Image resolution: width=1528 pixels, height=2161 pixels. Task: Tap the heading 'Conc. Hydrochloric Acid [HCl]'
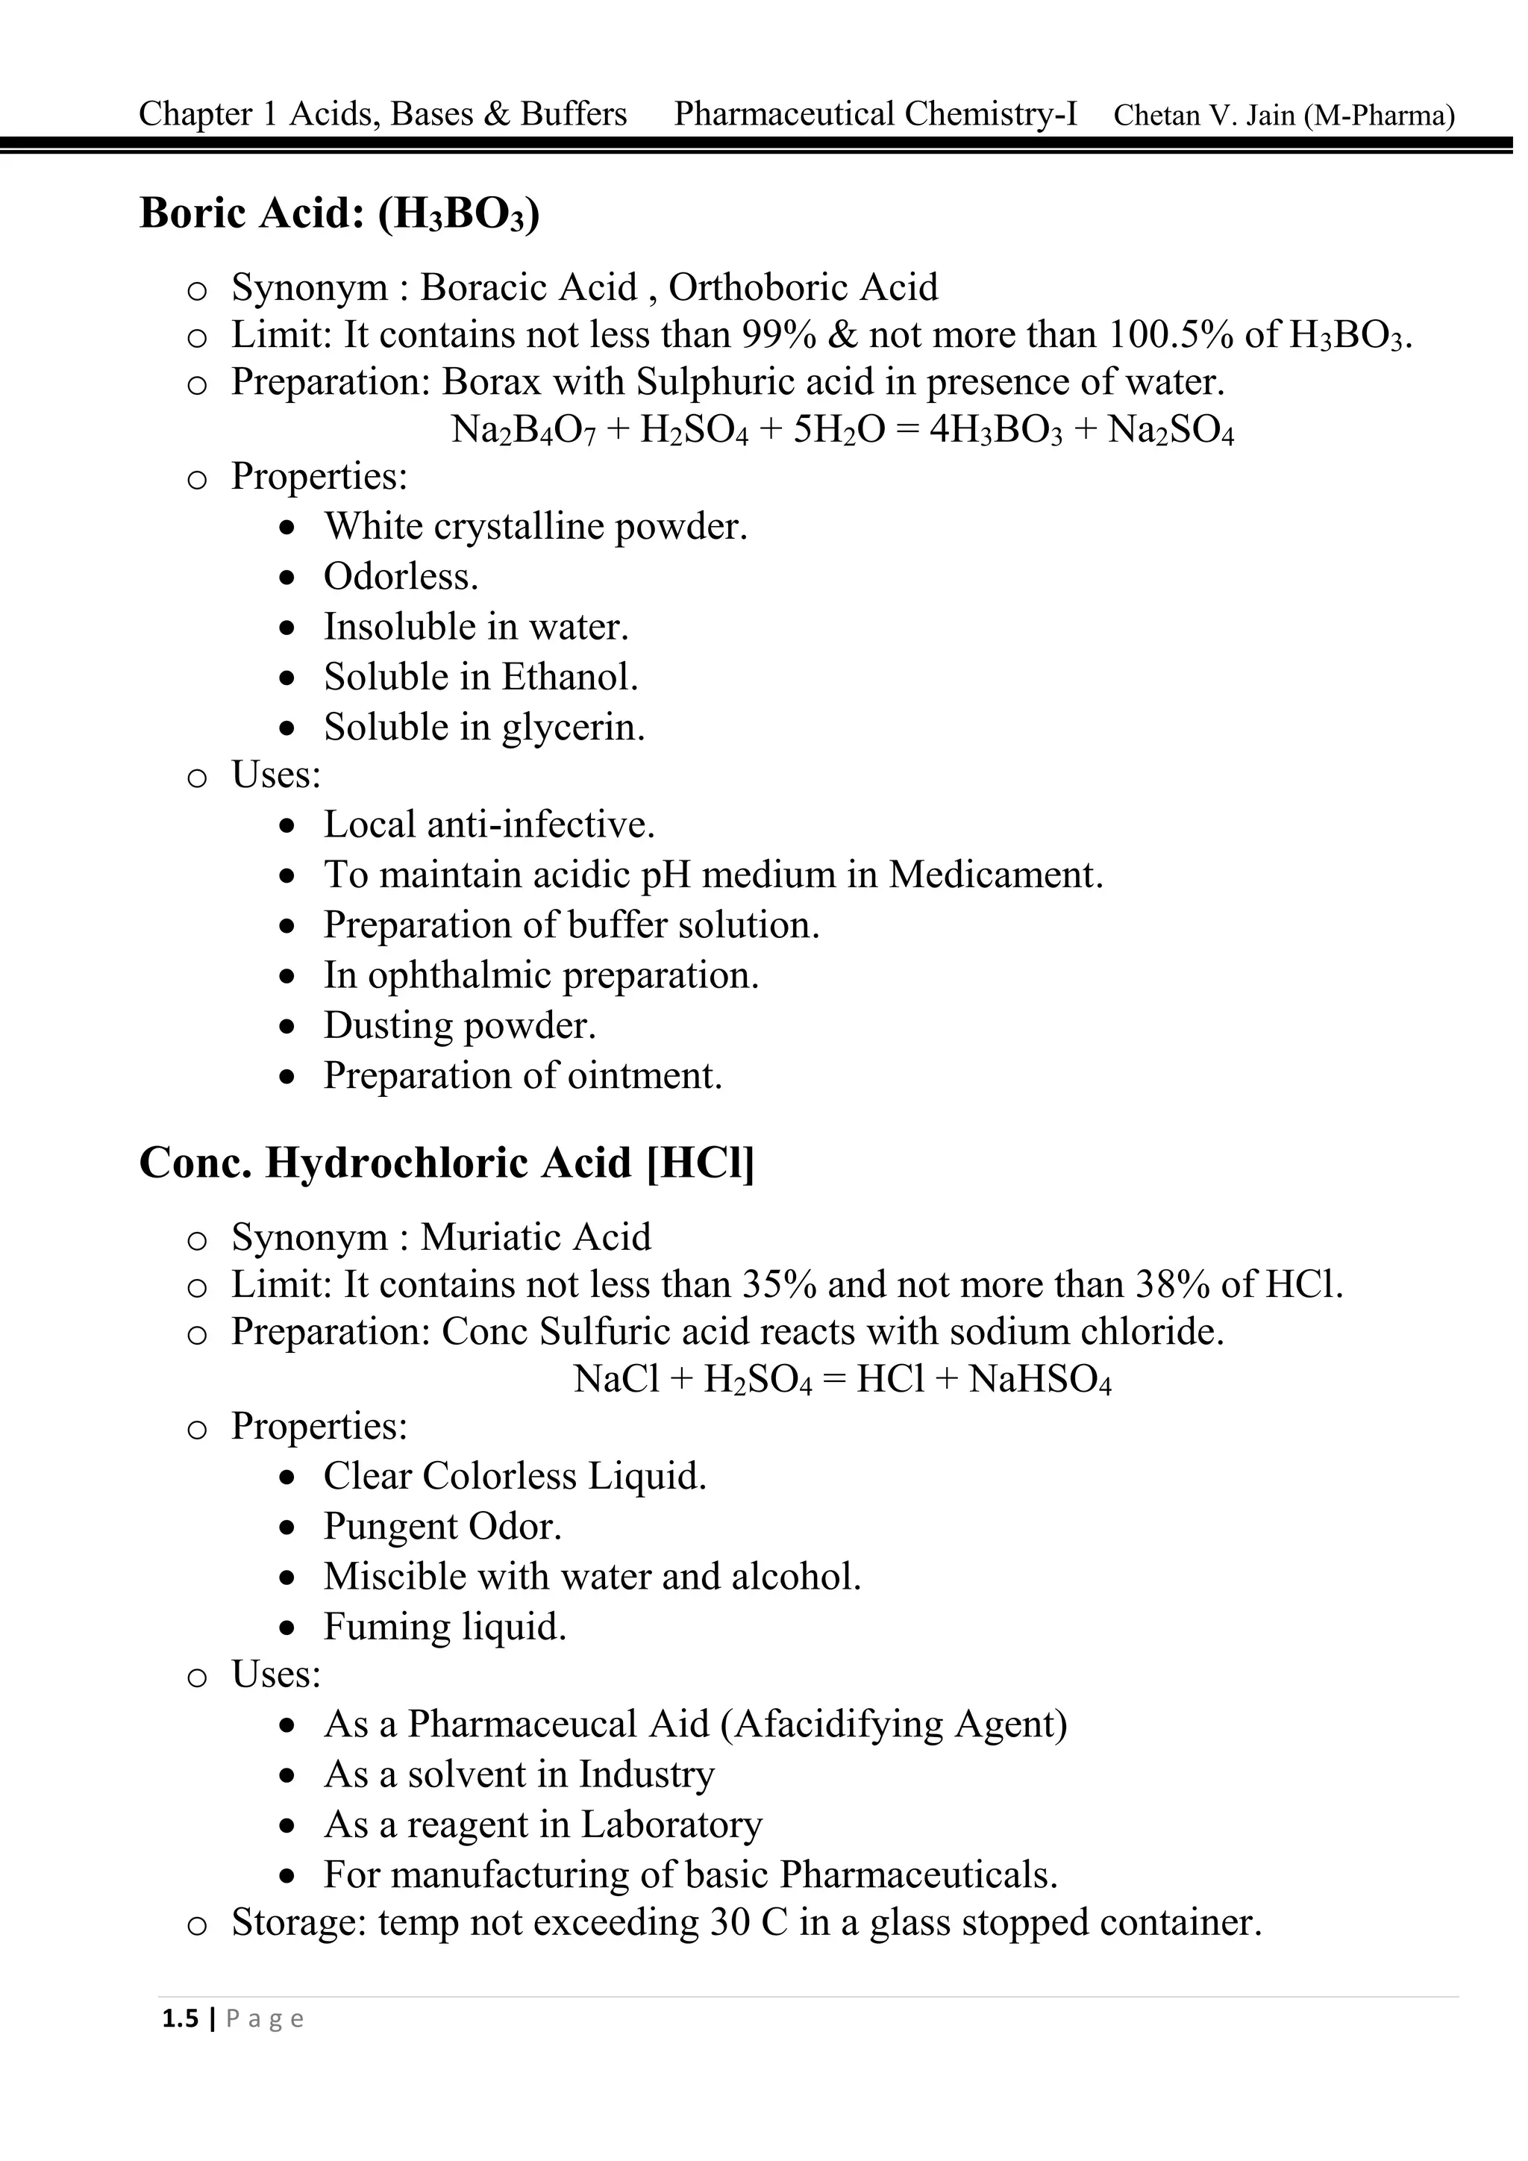click(446, 1163)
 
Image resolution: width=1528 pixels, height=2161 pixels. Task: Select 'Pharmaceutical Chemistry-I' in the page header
click(875, 114)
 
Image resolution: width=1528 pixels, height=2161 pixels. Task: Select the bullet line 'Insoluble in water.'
click(476, 627)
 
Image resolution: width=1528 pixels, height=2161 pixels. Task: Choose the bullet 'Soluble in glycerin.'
click(484, 728)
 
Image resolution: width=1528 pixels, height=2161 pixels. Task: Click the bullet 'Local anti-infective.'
click(489, 825)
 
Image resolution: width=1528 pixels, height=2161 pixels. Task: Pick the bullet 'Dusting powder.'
click(460, 1026)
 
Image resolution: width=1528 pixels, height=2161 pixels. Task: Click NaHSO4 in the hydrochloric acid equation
click(1039, 1380)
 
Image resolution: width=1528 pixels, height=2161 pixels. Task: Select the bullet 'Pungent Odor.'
click(442, 1527)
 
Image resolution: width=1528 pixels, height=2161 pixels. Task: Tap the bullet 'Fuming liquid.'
click(445, 1627)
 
